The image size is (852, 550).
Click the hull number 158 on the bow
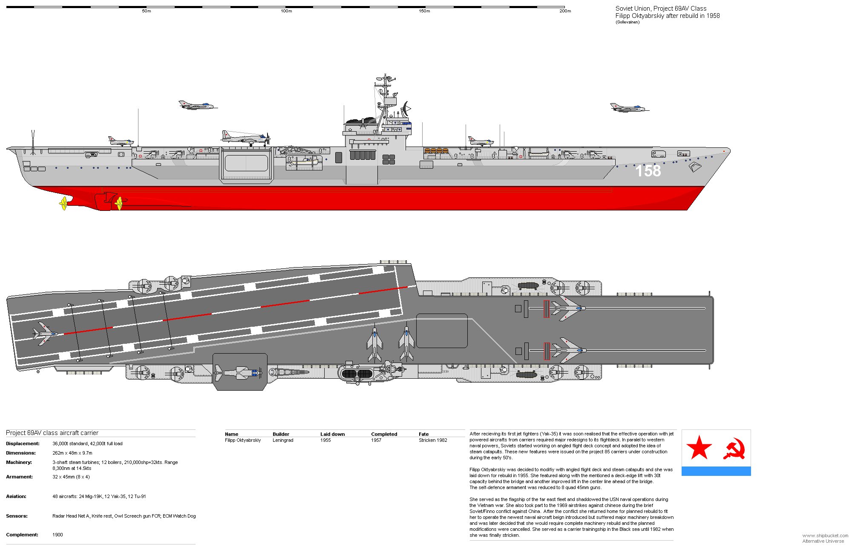(x=648, y=171)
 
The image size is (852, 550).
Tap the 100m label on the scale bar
(x=286, y=11)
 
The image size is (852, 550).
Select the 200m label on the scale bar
(x=565, y=11)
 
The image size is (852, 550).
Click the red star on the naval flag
(x=699, y=448)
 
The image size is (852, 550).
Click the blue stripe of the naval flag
(x=716, y=471)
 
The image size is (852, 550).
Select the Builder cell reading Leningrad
(x=283, y=441)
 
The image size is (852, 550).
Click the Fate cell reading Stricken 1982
(x=433, y=441)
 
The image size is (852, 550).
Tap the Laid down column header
(x=332, y=434)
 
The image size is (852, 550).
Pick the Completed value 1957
(x=376, y=441)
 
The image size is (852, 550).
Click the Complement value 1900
(x=58, y=535)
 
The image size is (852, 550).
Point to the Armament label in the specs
(x=19, y=477)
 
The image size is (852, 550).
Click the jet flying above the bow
(x=629, y=108)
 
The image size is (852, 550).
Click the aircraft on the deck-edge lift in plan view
(x=239, y=373)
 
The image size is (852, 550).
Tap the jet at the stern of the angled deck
(x=45, y=334)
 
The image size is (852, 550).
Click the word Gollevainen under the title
(x=627, y=22)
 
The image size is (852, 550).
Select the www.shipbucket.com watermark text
(x=825, y=536)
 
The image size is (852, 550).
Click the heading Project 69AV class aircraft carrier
(x=52, y=433)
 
